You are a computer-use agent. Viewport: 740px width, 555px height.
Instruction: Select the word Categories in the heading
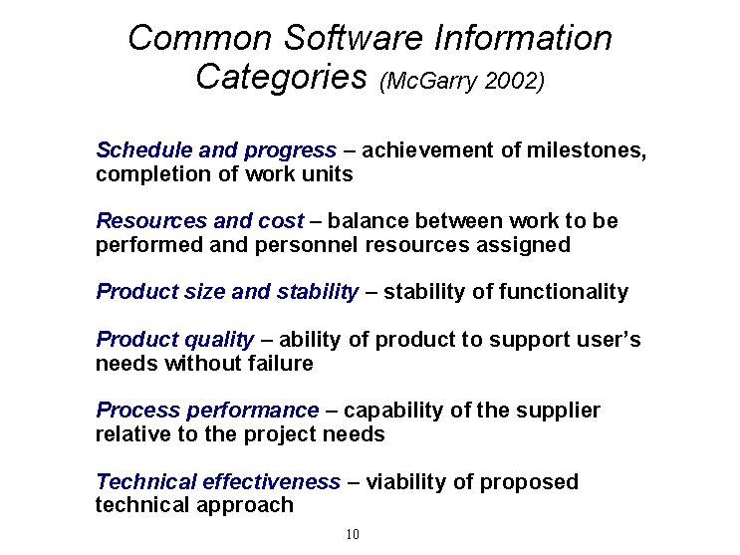pos(282,77)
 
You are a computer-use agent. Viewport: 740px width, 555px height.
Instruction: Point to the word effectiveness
pos(271,482)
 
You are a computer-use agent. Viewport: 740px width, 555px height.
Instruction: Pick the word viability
pos(407,482)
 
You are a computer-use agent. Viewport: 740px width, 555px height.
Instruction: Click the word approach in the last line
pos(251,505)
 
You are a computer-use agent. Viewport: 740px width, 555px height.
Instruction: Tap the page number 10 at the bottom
pos(353,535)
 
